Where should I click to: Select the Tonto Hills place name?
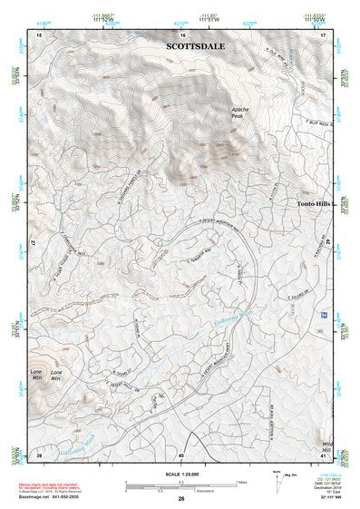[316, 204]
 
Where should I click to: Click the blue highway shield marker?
[325, 314]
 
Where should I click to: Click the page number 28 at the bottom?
[181, 500]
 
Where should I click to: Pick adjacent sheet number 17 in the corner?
[324, 34]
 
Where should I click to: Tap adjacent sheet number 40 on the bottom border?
[181, 455]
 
